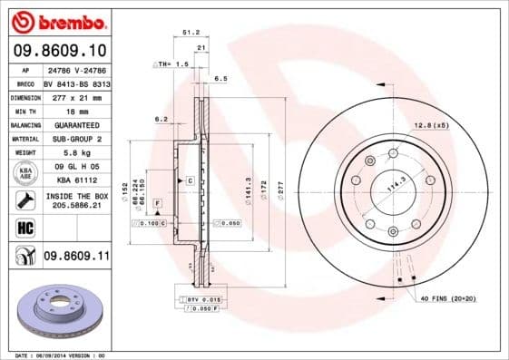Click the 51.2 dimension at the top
click(191, 32)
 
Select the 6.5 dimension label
click(220, 79)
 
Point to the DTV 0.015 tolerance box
click(204, 298)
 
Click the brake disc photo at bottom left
click(55, 312)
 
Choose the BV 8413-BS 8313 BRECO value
click(76, 82)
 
